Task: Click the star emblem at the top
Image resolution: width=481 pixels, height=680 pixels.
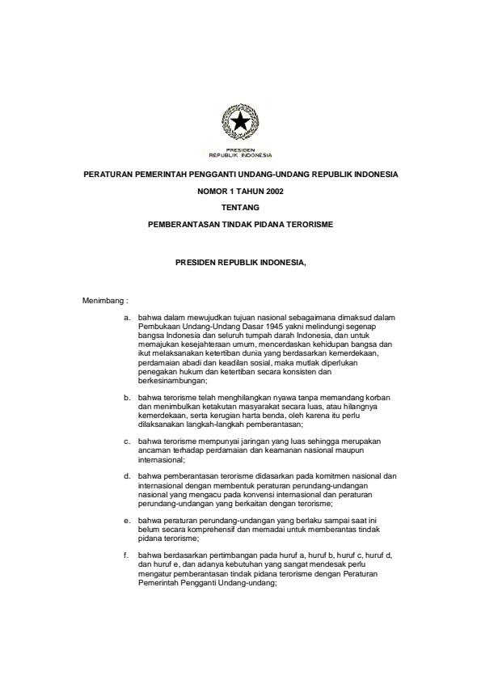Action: [x=240, y=124]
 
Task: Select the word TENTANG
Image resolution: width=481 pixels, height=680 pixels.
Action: [x=240, y=207]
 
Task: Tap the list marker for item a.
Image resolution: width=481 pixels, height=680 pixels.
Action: [x=127, y=318]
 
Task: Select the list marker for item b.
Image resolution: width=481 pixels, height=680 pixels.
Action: [x=127, y=398]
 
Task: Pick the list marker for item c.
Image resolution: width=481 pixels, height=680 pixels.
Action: [x=127, y=441]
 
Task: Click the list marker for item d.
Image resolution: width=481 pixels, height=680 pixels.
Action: [x=127, y=477]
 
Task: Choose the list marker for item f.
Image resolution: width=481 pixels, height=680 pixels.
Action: [x=127, y=556]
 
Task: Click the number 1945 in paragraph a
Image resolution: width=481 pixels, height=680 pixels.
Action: [x=265, y=327]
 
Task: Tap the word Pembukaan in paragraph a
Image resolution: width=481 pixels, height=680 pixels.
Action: [x=156, y=327]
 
